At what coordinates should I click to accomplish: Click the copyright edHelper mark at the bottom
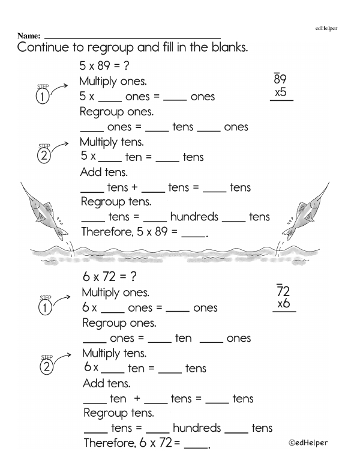308,443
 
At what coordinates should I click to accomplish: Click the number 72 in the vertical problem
283,291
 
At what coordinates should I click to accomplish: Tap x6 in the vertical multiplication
283,304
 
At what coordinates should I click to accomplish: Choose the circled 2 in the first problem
43,157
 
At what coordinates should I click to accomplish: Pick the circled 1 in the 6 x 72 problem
44,309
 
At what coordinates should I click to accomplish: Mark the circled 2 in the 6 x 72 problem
44,369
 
